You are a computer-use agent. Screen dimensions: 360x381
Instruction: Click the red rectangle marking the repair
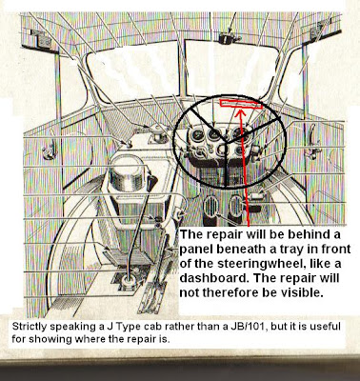coord(241,104)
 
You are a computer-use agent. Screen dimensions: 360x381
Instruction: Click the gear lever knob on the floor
coord(128,281)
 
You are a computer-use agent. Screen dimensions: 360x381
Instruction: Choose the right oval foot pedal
coord(235,206)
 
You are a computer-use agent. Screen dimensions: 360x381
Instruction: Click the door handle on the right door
coord(311,140)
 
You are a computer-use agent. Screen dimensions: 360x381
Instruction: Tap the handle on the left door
coord(50,151)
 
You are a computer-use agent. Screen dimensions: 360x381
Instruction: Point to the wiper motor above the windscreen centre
coord(227,38)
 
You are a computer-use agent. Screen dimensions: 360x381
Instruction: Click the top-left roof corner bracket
coord(42,38)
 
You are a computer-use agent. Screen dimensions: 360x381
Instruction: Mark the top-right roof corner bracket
coord(318,31)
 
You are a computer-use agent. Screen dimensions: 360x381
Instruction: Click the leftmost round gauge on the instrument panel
coord(197,135)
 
